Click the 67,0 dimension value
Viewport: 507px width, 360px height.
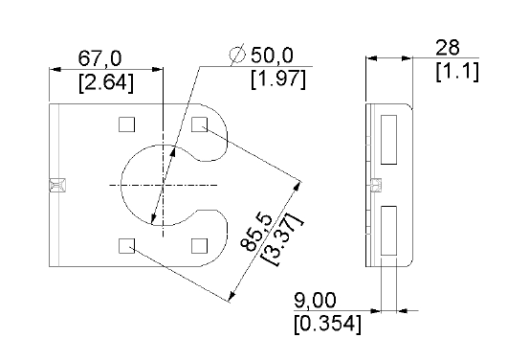click(99, 58)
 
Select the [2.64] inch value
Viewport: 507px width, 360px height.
click(106, 83)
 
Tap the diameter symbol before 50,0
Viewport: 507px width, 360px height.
click(237, 54)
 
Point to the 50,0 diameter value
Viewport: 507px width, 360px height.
click(272, 55)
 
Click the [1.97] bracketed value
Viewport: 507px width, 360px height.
click(278, 79)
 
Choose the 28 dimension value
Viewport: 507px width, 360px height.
click(447, 48)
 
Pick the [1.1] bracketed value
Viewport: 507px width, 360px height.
click(457, 72)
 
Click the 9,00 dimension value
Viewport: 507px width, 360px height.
click(315, 301)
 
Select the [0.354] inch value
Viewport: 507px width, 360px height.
click(327, 324)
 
